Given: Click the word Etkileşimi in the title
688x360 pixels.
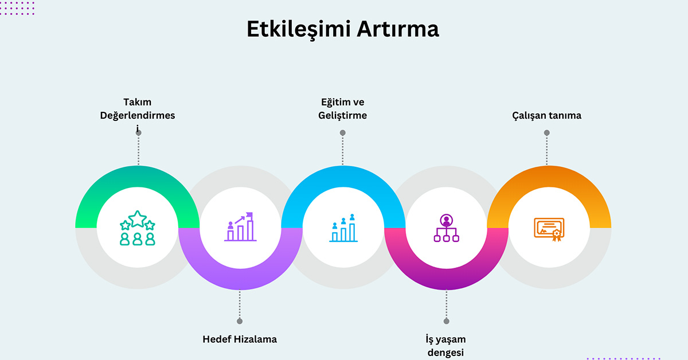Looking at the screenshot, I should (298, 29).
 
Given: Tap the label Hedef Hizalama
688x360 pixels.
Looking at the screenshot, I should (240, 339).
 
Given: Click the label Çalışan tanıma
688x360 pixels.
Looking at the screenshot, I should (546, 115).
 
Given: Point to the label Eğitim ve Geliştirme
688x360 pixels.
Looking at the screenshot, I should (343, 109).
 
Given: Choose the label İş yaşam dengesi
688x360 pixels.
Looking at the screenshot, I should (445, 345).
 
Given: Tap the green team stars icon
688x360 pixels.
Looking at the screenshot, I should (138, 228).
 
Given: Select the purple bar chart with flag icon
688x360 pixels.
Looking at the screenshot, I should (240, 227).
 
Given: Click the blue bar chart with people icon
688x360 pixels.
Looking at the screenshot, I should (343, 228).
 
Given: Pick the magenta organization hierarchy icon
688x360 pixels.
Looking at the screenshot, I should (445, 228).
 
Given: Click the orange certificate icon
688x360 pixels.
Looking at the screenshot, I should (549, 229).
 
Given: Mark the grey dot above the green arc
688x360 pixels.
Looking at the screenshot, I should (138, 132).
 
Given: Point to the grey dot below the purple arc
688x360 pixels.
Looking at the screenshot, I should (240, 321).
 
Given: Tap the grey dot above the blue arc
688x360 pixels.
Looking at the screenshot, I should (343, 132).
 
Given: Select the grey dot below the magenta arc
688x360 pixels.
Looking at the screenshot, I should (446, 321).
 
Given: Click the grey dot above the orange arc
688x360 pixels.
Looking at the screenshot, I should (546, 132).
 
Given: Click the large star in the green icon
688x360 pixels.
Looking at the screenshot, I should (138, 218).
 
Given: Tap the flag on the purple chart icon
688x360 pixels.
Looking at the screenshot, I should (249, 216).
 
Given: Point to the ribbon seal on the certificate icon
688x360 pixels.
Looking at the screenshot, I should (556, 234).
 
